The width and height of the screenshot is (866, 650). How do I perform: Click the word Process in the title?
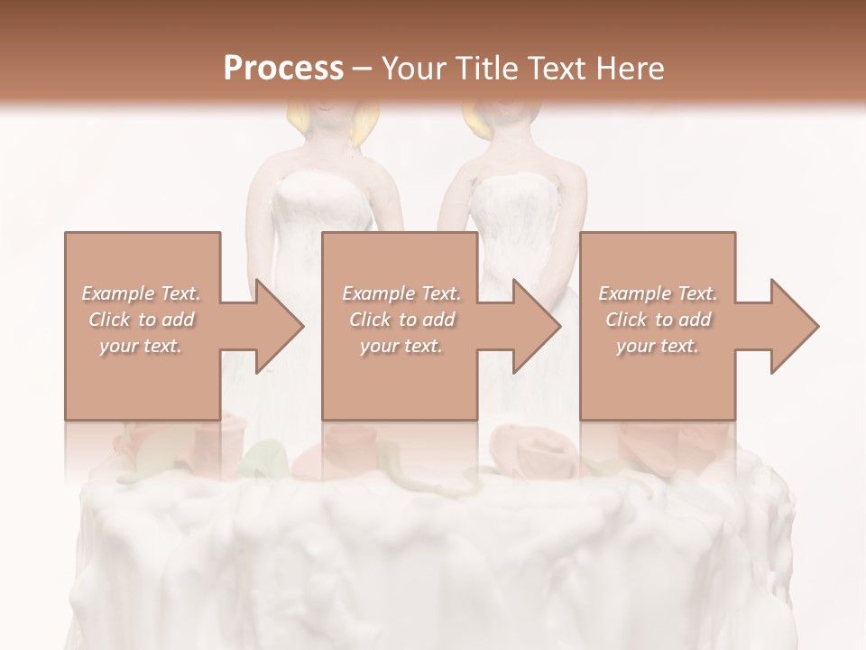pyautogui.click(x=283, y=69)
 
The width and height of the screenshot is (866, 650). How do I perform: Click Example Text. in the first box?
pyautogui.click(x=142, y=293)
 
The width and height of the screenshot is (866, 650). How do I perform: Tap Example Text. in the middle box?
pyautogui.click(x=401, y=293)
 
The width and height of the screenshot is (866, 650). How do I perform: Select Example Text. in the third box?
pyautogui.click(x=658, y=293)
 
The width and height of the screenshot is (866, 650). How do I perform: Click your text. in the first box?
pyautogui.click(x=142, y=346)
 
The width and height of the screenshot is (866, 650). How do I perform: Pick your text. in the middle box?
pyautogui.click(x=401, y=346)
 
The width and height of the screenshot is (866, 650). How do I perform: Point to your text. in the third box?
pyautogui.click(x=658, y=346)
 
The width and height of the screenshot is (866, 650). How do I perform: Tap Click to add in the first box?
pyautogui.click(x=142, y=320)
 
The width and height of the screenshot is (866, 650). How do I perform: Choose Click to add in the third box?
pyautogui.click(x=658, y=320)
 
